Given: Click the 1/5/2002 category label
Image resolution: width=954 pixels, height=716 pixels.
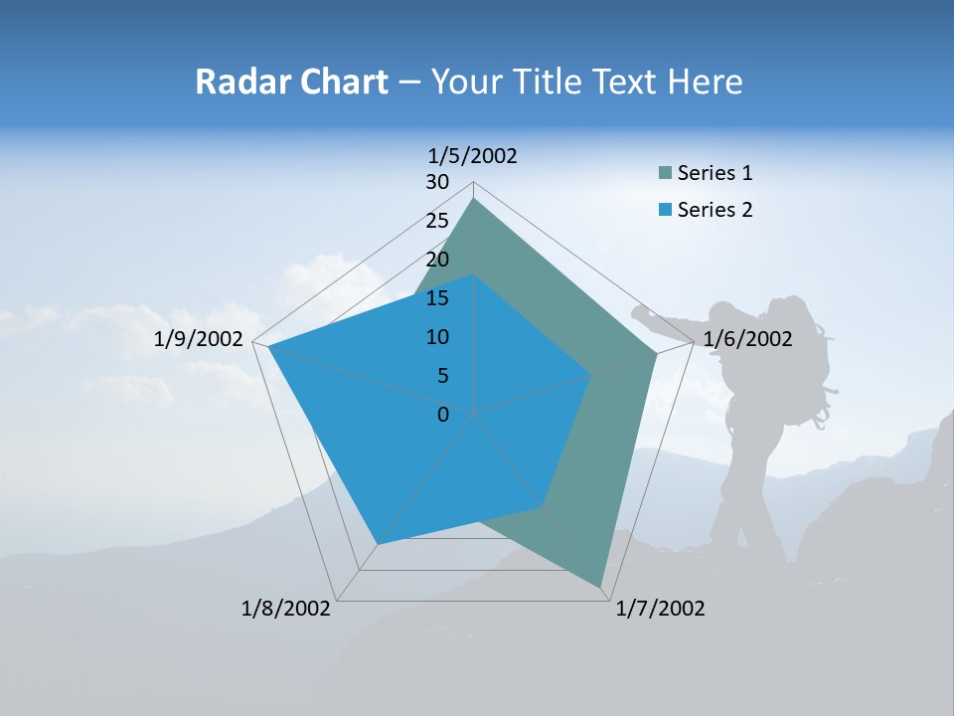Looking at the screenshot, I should [x=472, y=155].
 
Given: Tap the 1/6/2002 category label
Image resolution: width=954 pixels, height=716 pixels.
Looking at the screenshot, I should [x=747, y=339].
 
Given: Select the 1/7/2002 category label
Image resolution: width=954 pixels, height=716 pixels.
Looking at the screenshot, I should [x=660, y=609].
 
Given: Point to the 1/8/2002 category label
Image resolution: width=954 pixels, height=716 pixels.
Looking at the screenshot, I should [x=286, y=609].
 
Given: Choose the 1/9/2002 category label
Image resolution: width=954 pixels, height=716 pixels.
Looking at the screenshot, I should [x=199, y=339].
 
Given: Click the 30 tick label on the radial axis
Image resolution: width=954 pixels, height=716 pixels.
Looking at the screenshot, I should [x=437, y=182].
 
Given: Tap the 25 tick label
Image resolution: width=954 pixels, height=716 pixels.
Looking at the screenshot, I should [x=437, y=221].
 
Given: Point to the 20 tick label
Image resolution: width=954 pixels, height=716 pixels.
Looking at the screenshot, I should [x=437, y=260].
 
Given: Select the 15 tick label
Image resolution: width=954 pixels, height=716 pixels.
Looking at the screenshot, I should [x=437, y=298].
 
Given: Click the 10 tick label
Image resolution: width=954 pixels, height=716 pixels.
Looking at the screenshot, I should [x=437, y=337].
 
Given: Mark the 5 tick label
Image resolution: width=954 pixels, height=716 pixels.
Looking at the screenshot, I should [x=442, y=376].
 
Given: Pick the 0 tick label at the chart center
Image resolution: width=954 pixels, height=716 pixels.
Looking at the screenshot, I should [x=443, y=414].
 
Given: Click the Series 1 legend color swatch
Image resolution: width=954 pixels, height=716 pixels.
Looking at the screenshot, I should [x=665, y=174].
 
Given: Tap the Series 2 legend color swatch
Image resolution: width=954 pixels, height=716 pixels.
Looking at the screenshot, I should [x=665, y=210].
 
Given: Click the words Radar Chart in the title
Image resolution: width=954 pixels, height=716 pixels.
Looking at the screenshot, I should [x=291, y=82].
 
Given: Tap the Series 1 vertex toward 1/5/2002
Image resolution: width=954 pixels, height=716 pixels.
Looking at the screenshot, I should [x=473, y=199].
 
